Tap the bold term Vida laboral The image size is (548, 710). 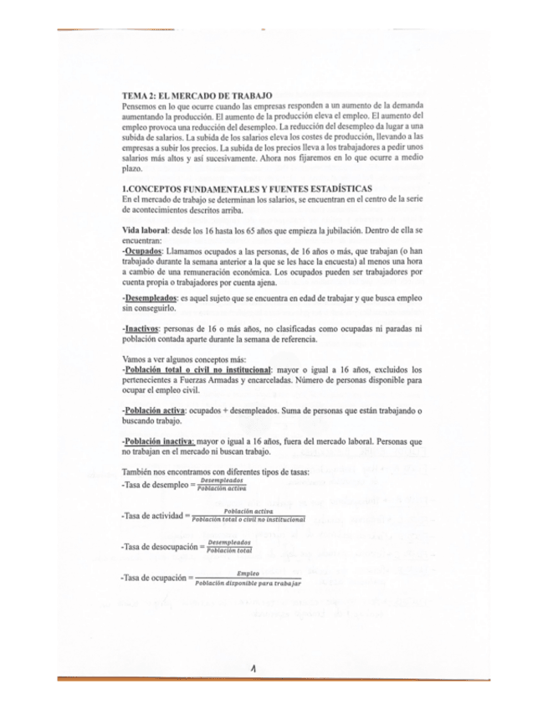click(145, 229)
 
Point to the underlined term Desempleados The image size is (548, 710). click(151, 297)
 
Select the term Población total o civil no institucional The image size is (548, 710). click(198, 369)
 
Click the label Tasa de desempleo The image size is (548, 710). click(153, 485)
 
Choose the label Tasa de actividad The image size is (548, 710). click(153, 517)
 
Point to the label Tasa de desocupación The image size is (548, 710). click(159, 547)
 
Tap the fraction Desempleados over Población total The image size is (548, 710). click(229, 546)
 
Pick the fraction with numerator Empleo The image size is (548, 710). click(248, 578)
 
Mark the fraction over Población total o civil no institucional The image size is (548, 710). click(248, 516)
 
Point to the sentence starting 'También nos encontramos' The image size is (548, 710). click(216, 471)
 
